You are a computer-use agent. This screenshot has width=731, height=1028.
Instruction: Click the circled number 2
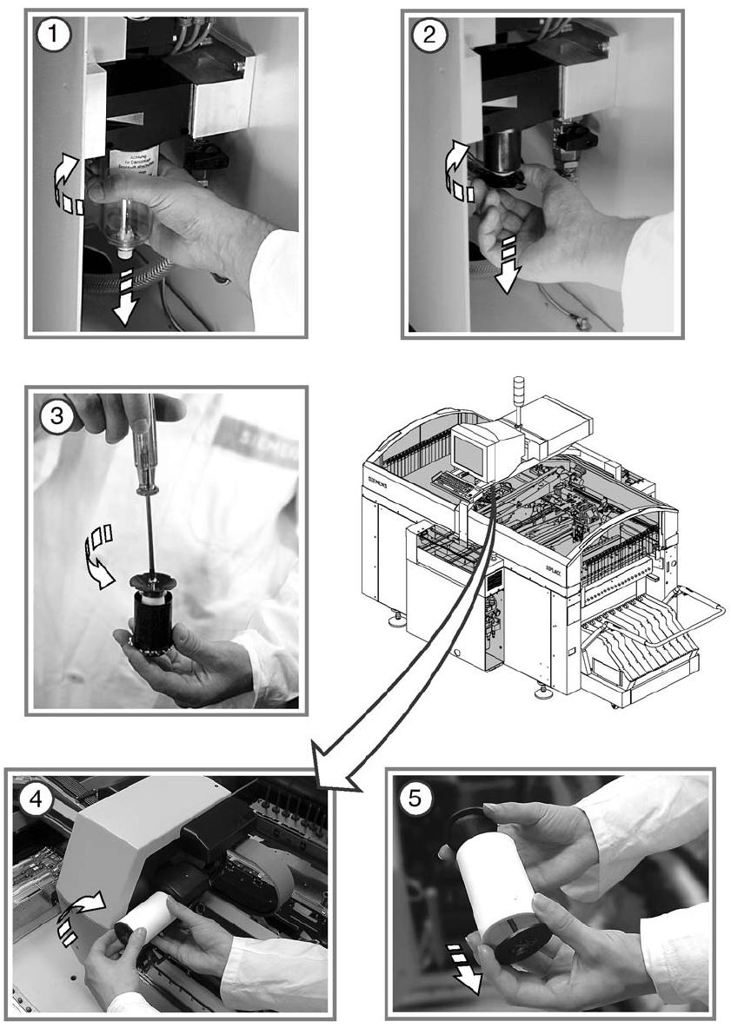pyautogui.click(x=432, y=36)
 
